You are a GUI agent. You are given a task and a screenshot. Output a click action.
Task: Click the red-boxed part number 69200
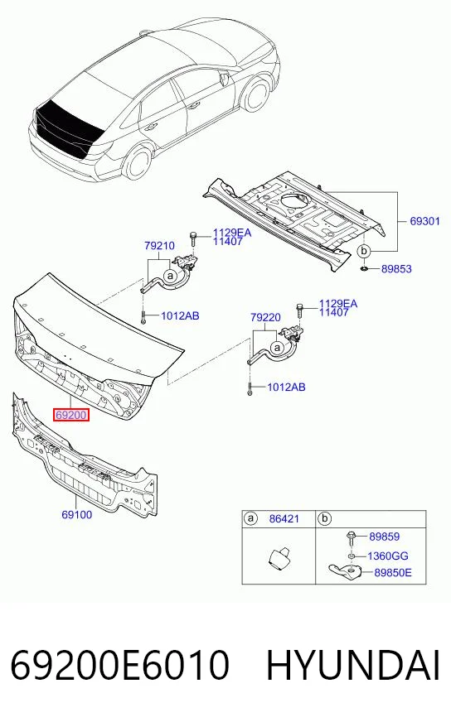pos(70,415)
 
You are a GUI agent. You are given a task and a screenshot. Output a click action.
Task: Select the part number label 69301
pos(424,221)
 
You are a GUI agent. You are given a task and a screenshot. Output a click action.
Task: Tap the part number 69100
pos(77,514)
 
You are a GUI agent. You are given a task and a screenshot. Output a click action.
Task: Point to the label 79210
pos(159,245)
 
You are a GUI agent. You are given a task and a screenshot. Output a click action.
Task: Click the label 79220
pos(265,317)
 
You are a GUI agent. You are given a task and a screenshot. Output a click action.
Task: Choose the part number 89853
pos(396,268)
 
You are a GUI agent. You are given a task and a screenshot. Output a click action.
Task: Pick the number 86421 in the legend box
pos(284,518)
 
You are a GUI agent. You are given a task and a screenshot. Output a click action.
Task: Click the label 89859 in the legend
pos(385,537)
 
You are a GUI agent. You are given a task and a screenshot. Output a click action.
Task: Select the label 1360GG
pos(388,556)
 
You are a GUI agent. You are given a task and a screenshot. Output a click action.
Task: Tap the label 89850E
pos(393,572)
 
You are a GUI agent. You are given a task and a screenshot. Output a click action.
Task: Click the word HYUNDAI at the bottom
pos(353,666)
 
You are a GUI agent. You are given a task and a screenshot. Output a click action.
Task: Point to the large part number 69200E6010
pos(119,666)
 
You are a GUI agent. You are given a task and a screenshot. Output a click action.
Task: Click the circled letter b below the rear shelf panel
pos(364,252)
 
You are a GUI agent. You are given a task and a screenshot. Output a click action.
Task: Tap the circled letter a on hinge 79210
pos(171,276)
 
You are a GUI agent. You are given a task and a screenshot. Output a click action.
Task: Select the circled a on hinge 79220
pos(277,348)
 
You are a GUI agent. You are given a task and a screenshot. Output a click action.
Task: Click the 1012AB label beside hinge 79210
pos(180,316)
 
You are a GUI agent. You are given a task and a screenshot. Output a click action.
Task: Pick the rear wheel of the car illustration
pos(138,162)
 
